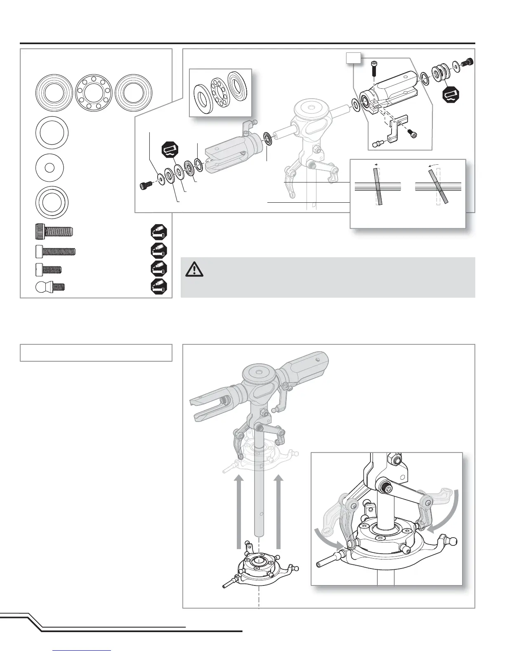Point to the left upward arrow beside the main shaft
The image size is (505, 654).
238,512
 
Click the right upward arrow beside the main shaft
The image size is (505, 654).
279,512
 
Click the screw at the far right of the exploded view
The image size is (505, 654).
467,63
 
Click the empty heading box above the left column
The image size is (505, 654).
96,353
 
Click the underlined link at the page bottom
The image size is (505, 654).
82,650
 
